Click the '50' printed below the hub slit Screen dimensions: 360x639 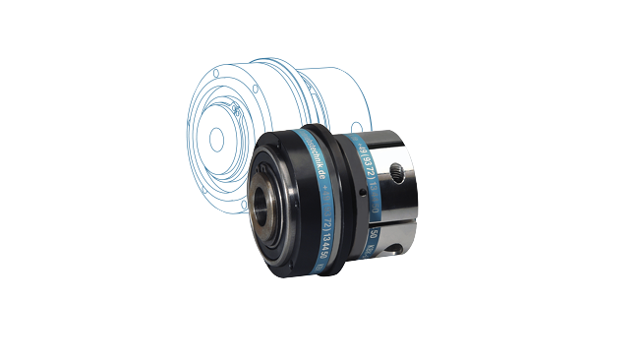pyautogui.click(x=375, y=236)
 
